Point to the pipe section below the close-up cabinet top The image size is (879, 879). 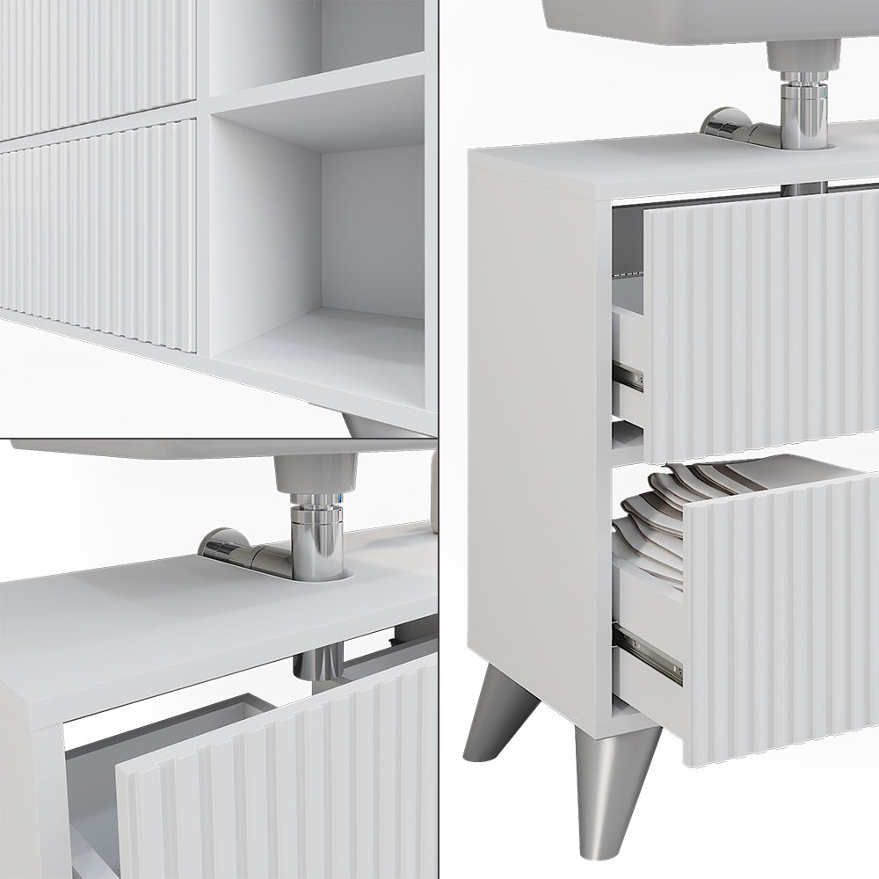pos(318,661)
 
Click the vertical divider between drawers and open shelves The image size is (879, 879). pos(202,176)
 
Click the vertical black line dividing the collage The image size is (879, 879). pos(439,264)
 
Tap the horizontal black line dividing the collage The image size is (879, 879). pos(220,439)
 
